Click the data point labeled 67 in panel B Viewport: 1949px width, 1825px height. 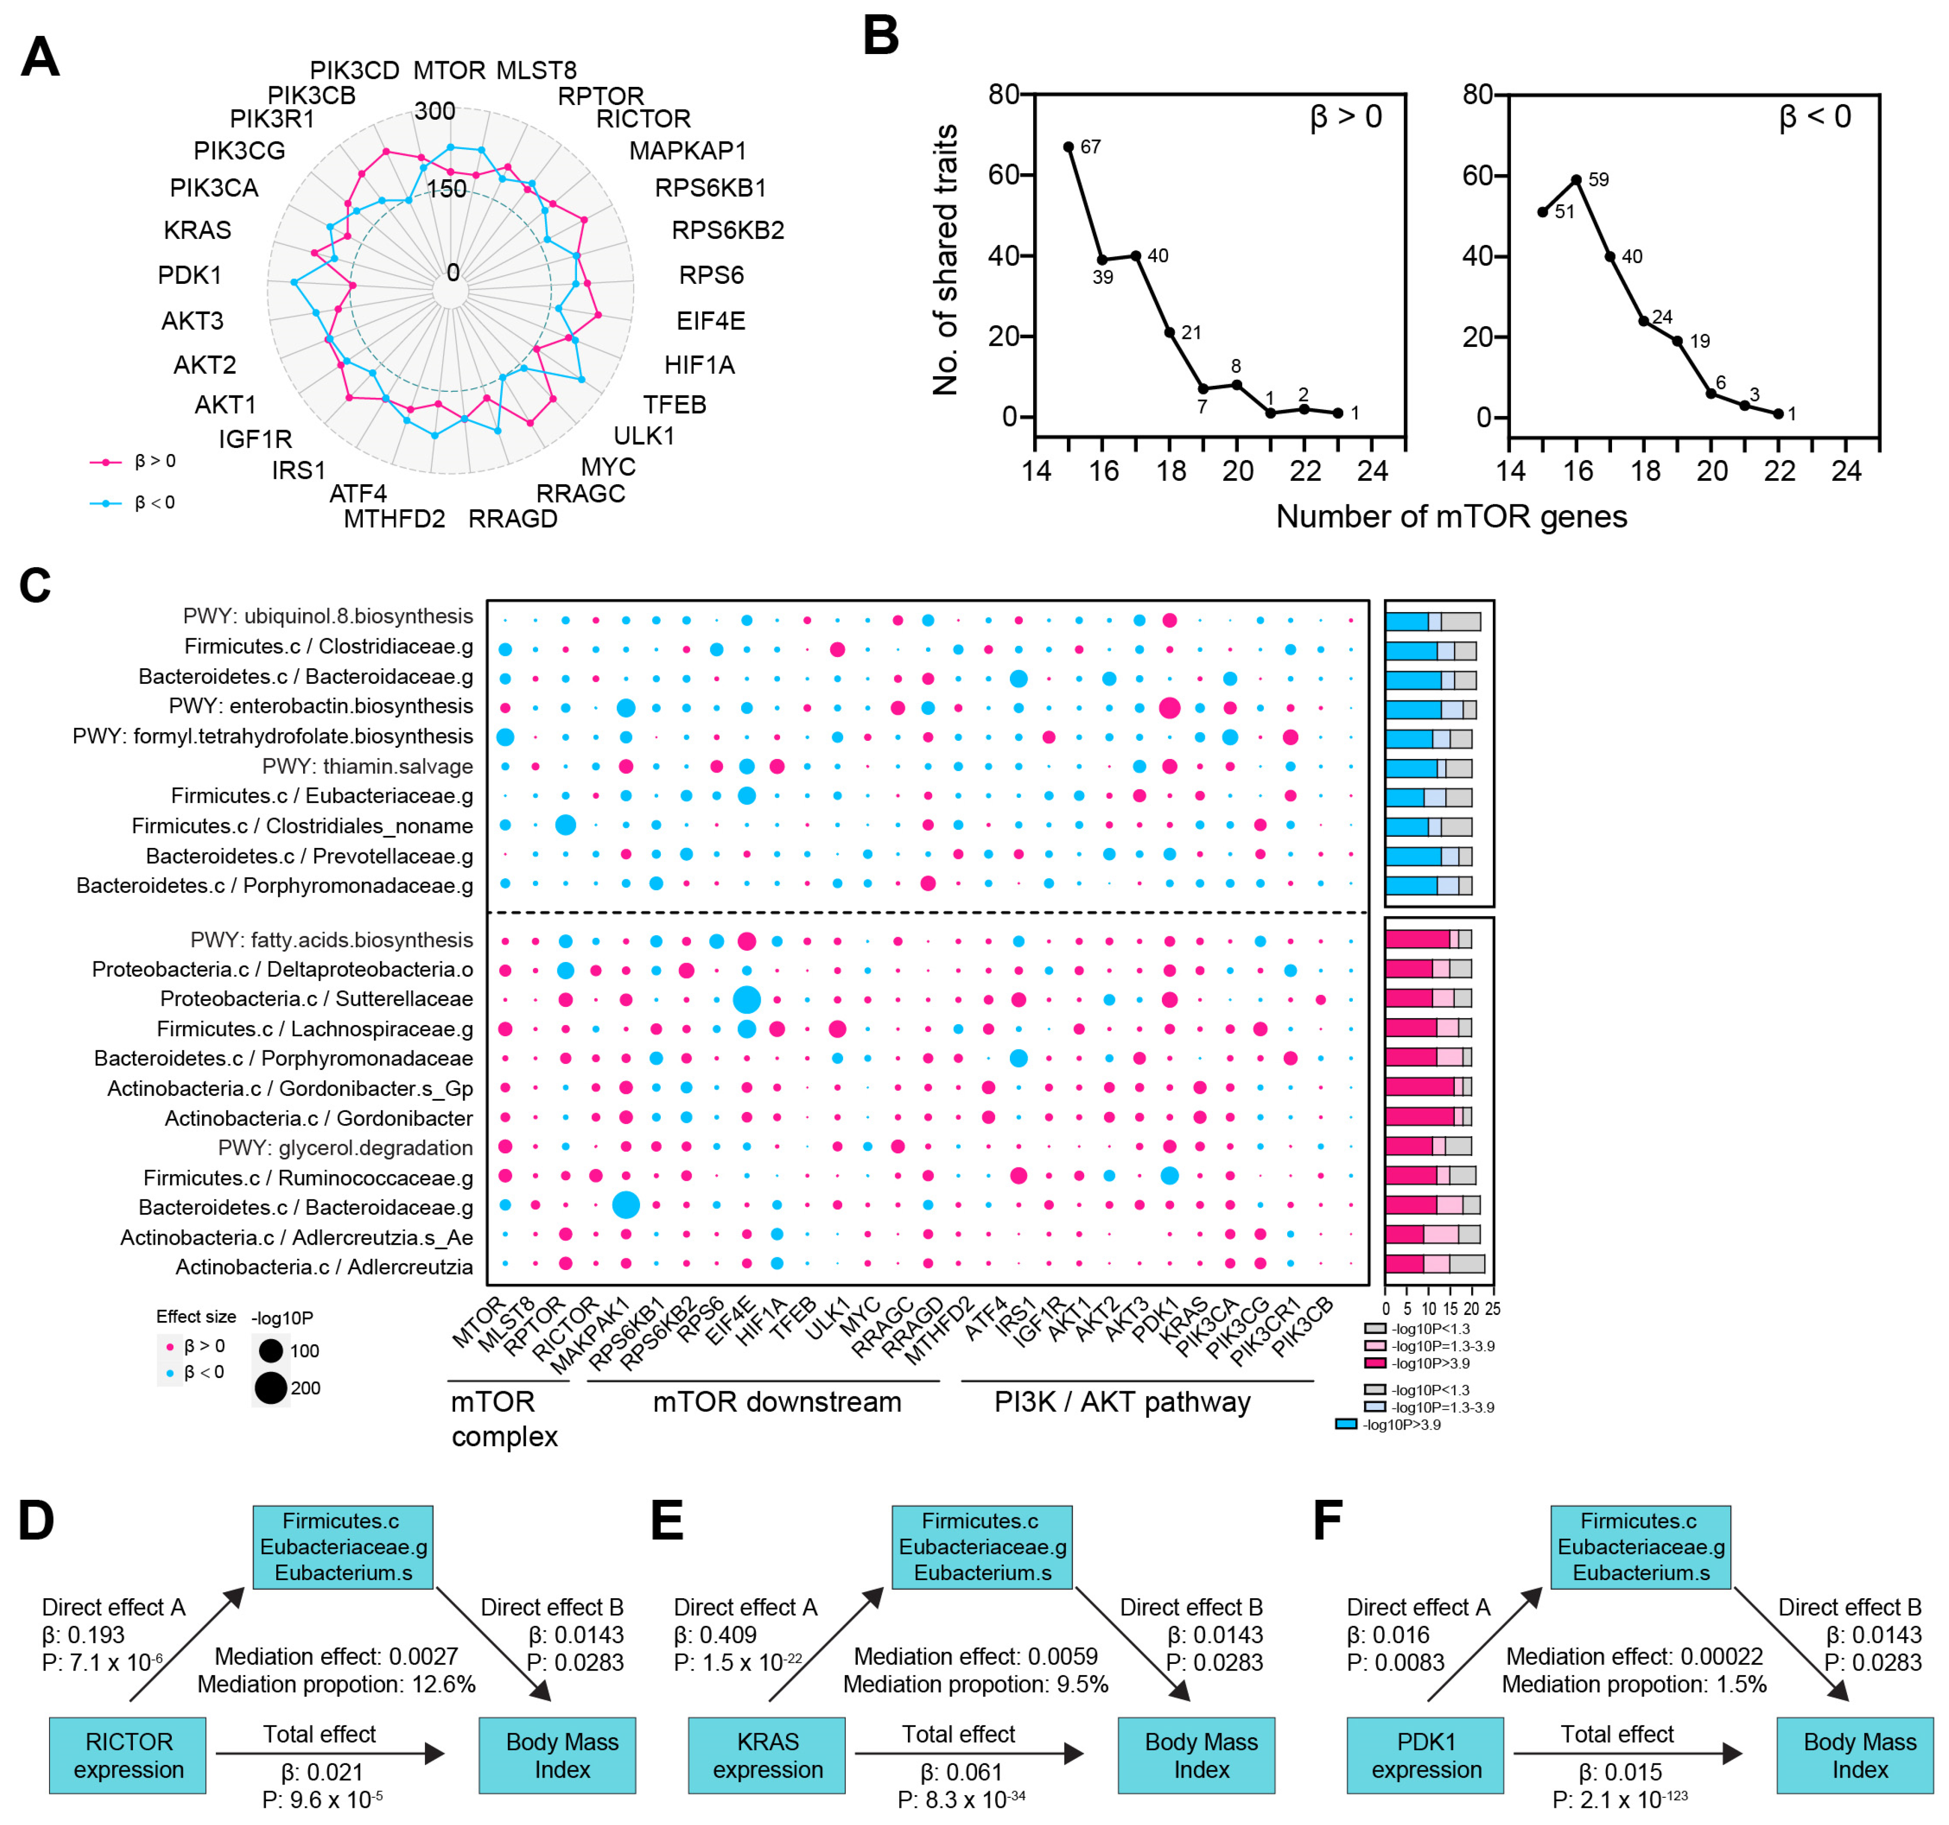coord(1068,147)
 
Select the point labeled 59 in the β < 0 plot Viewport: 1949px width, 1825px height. coord(1577,179)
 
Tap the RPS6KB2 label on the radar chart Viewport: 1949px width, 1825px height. coord(727,230)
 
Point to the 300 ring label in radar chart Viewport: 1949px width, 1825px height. coord(434,111)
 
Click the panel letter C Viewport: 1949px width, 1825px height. coord(35,586)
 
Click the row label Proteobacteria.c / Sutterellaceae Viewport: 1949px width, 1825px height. coord(317,999)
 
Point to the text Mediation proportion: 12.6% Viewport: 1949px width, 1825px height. coord(336,1684)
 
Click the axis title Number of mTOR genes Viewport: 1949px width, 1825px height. coord(1451,517)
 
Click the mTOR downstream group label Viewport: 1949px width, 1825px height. coord(776,1402)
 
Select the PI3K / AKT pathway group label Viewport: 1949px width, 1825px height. coord(1123,1402)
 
